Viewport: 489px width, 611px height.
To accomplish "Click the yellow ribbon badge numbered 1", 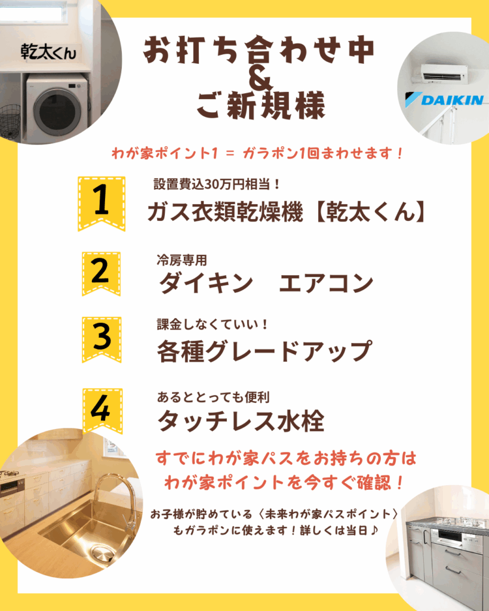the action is pyautogui.click(x=102, y=203).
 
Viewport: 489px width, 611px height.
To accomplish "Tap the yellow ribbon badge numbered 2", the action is pyautogui.click(x=101, y=273).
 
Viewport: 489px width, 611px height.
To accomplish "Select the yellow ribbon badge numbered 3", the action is pyautogui.click(x=102, y=339).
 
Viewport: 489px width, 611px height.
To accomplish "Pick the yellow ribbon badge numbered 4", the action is pyautogui.click(x=102, y=411).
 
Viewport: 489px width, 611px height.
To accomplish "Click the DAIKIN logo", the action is pyautogui.click(x=444, y=100).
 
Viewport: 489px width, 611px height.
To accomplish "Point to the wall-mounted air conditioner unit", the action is pyautogui.click(x=444, y=73).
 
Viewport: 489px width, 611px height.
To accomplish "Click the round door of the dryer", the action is pyautogui.click(x=57, y=112).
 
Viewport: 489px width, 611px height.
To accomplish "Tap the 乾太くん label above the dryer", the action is pyautogui.click(x=49, y=52).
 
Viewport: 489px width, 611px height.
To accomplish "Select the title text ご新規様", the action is pyautogui.click(x=260, y=105).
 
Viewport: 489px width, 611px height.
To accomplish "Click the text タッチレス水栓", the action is pyautogui.click(x=241, y=421).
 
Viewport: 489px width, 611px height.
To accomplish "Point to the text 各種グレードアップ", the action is pyautogui.click(x=265, y=351).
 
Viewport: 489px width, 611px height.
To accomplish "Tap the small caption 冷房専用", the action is pyautogui.click(x=182, y=260).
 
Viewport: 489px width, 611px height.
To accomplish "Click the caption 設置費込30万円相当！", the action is pyautogui.click(x=216, y=184).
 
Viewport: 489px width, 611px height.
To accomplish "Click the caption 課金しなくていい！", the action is pyautogui.click(x=213, y=324).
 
